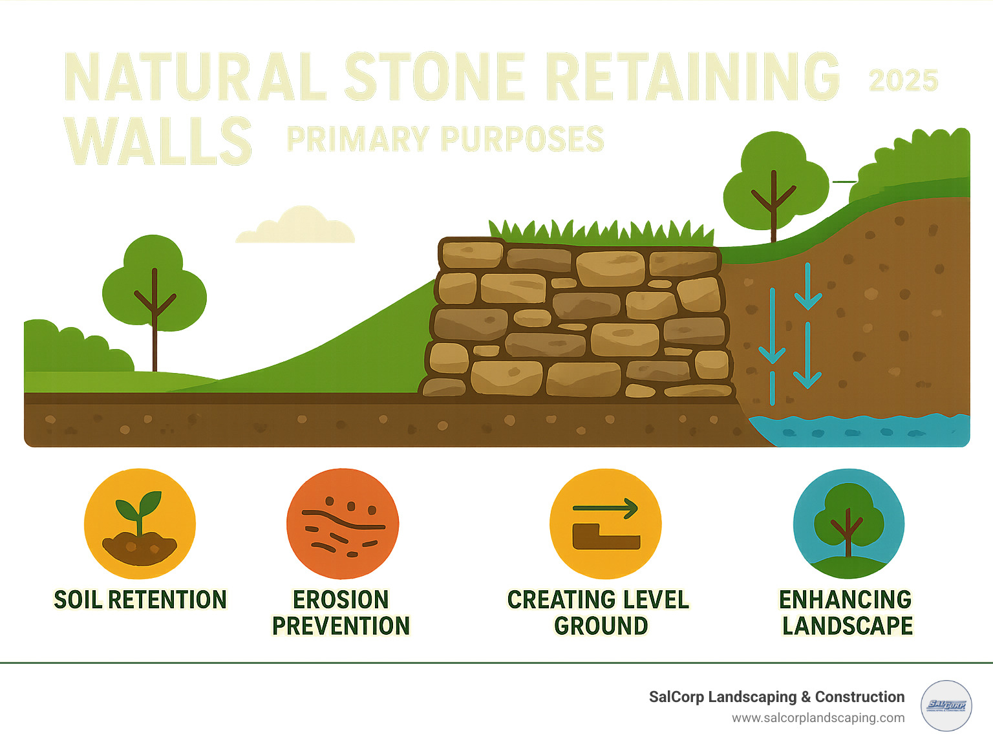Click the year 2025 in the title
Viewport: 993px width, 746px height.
(x=903, y=81)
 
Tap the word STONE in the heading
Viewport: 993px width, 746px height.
(x=434, y=77)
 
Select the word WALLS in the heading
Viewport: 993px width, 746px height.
(x=158, y=141)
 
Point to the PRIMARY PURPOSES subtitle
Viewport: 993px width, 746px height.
(x=445, y=140)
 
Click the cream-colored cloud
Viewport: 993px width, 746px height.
(x=296, y=226)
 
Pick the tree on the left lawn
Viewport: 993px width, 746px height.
(x=154, y=291)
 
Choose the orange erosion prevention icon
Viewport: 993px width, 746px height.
(x=343, y=524)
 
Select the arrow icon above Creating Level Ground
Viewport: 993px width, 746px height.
(x=605, y=524)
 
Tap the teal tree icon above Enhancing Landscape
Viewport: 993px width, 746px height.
(x=848, y=524)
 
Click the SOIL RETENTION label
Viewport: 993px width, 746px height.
(x=140, y=600)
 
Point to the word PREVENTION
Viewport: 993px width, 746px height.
(x=341, y=626)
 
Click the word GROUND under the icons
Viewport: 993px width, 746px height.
(x=601, y=626)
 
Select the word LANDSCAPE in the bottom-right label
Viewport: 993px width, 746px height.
(x=847, y=626)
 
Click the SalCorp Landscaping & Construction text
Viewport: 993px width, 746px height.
(x=776, y=697)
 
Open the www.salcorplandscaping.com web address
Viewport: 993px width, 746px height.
(x=818, y=718)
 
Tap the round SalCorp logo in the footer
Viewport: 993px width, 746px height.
(x=946, y=706)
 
